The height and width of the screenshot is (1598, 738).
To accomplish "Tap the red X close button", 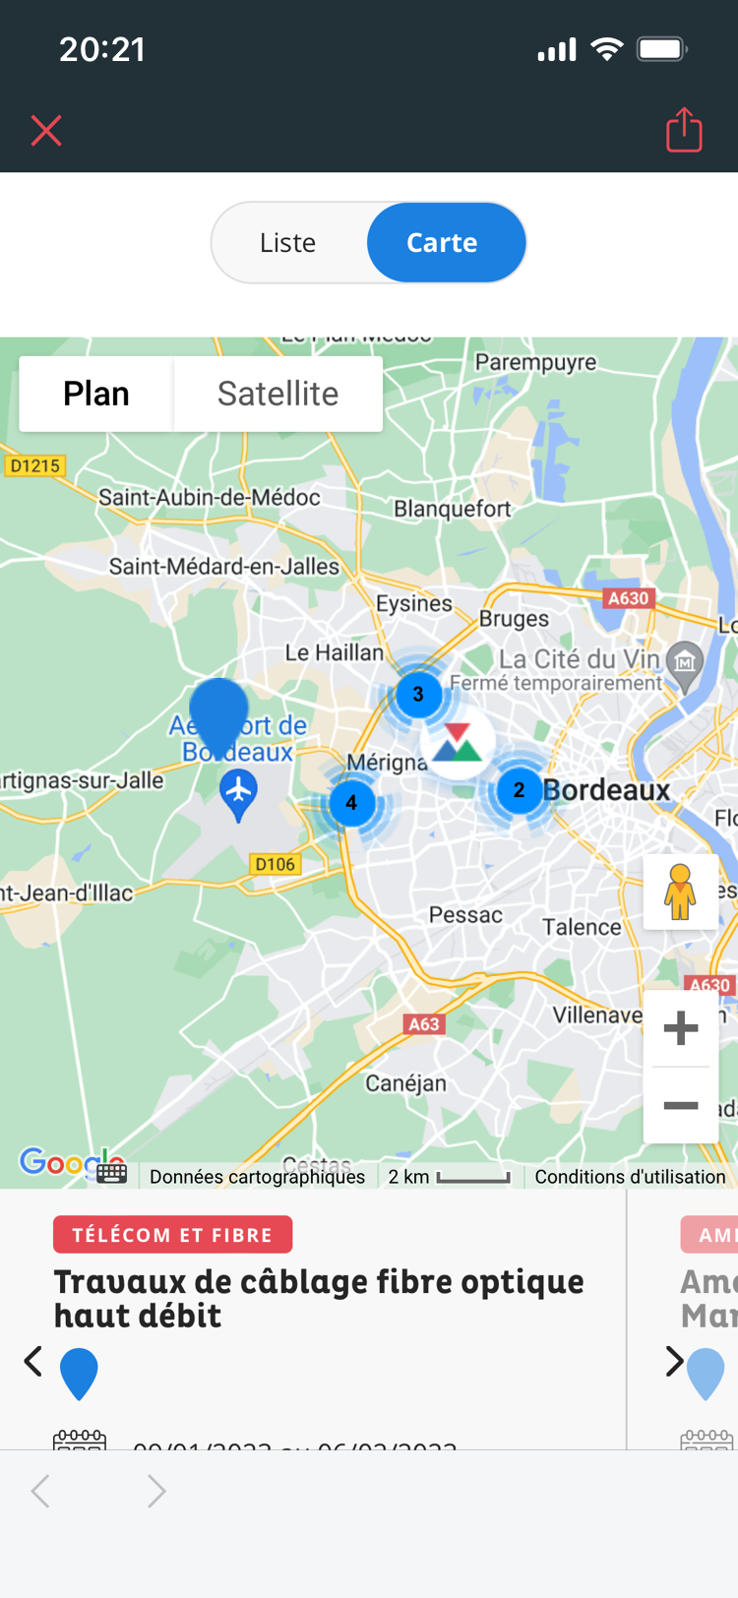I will point(46,131).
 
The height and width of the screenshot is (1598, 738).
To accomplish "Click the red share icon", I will point(684,130).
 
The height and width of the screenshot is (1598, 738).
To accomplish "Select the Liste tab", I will point(288,243).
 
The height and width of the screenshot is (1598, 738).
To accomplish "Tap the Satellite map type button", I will point(277,394).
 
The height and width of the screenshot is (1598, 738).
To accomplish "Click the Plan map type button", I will point(96,394).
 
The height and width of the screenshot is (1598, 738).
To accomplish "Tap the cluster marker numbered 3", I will point(418,695).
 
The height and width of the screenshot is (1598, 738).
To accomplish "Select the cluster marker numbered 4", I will point(351,803).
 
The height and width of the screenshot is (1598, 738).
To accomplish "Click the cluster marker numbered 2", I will point(519,790).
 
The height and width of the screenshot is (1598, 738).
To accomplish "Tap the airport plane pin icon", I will point(238,793).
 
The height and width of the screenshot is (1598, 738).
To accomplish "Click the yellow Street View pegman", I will point(680,891).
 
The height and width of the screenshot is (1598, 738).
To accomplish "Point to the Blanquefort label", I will point(453,509).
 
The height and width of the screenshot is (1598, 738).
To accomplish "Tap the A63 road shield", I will point(424,1024).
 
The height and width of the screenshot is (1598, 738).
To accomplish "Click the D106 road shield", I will point(275,864).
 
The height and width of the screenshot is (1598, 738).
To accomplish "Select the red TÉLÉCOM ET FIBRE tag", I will point(172,1235).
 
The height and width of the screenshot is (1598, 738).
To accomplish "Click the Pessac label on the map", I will point(465,915).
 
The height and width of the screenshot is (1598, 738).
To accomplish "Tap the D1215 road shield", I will point(34,465).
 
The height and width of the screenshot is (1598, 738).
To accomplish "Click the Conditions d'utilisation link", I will point(630,1177).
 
